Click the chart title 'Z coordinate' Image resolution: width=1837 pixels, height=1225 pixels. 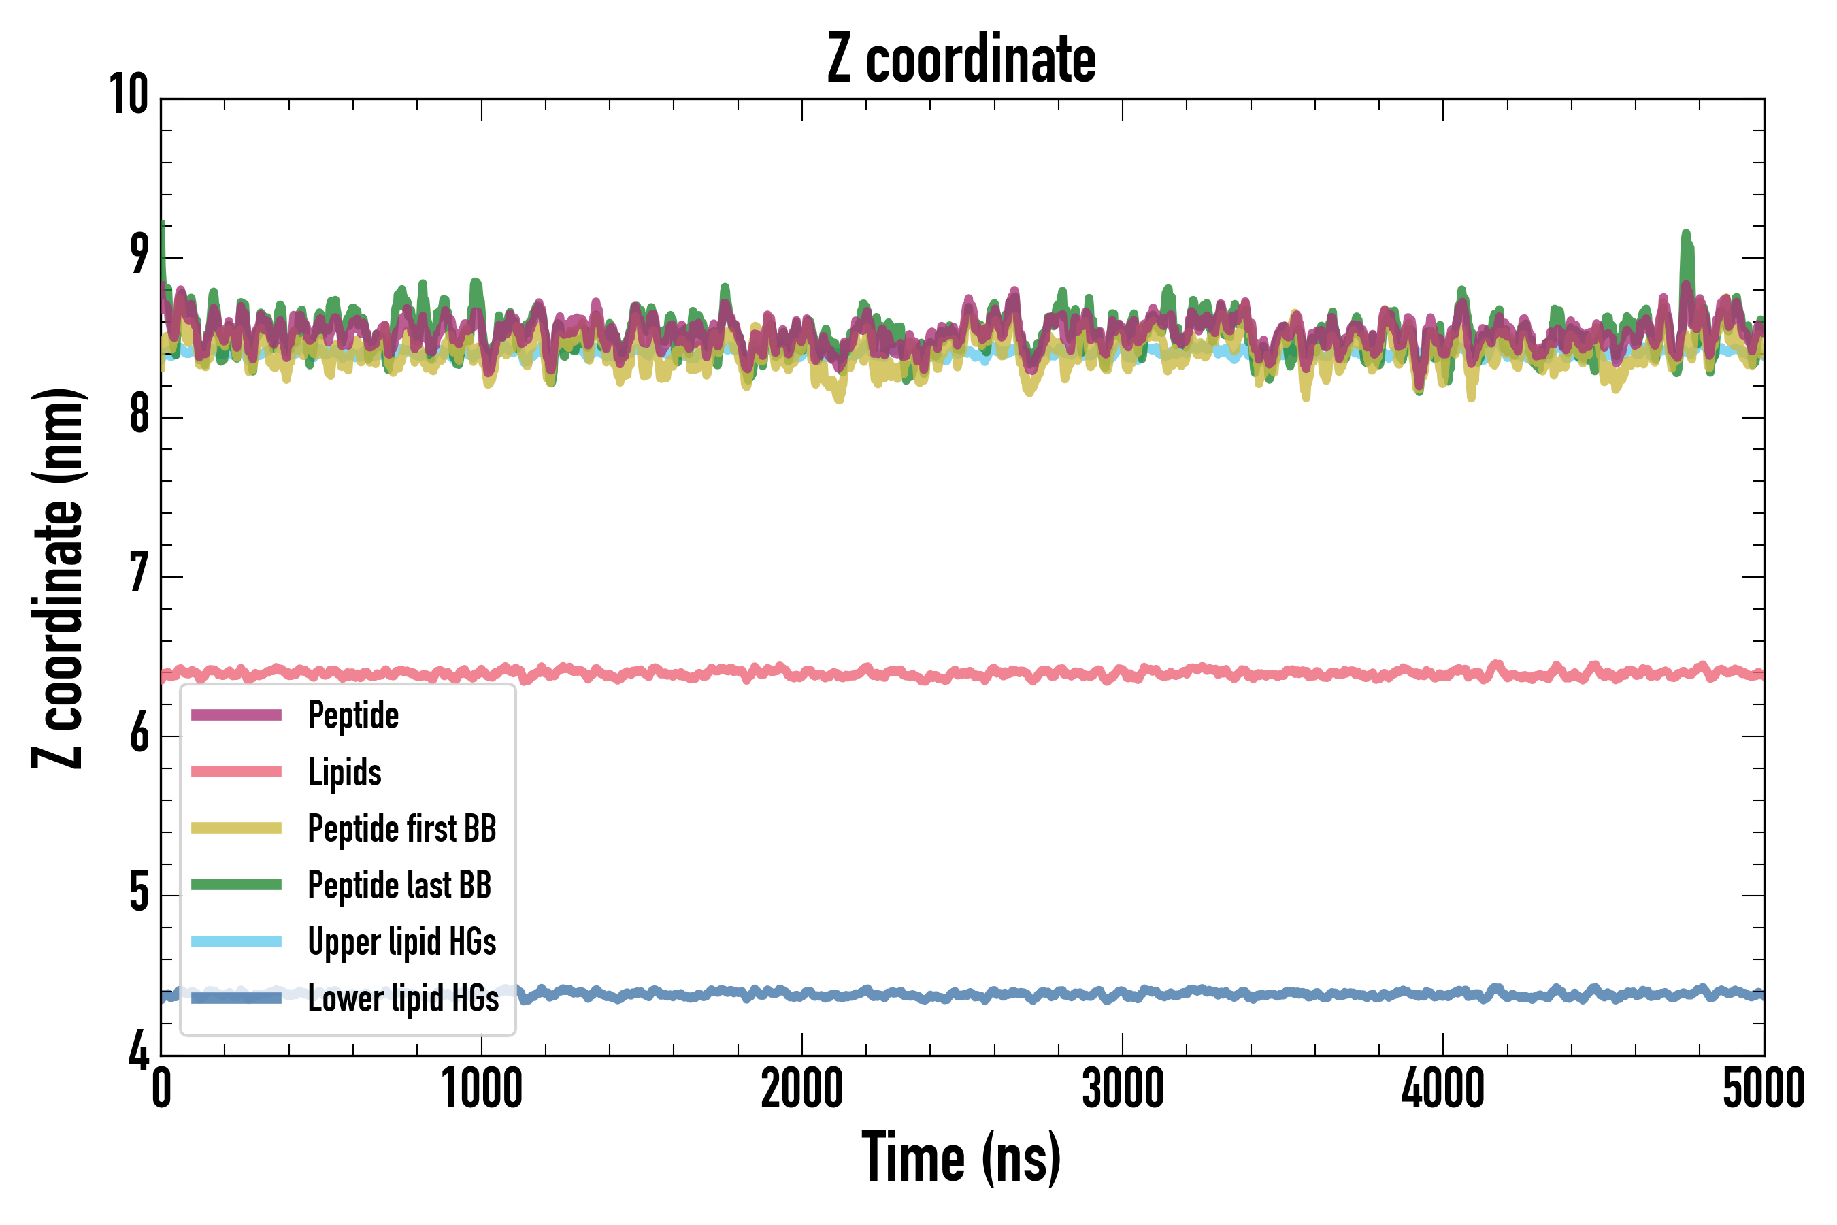[x=961, y=59]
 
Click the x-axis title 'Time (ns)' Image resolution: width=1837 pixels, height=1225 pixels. [x=961, y=1158]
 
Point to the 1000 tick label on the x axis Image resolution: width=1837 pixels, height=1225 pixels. [x=482, y=1089]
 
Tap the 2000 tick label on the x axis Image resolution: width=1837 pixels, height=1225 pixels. [x=802, y=1089]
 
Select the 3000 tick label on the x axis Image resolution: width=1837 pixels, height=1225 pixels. [x=1123, y=1089]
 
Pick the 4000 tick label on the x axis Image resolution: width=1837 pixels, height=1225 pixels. [x=1442, y=1089]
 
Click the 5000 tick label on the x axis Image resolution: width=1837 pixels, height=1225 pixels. [x=1763, y=1089]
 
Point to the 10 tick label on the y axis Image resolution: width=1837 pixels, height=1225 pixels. [x=129, y=95]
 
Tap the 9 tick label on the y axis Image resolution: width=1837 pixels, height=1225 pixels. [x=139, y=255]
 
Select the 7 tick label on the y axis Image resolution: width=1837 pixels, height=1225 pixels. [x=139, y=574]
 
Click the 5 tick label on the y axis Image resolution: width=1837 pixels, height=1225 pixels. [x=139, y=893]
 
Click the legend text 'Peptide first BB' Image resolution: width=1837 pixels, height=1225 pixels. [x=402, y=829]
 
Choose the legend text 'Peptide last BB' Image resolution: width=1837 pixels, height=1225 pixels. [x=399, y=885]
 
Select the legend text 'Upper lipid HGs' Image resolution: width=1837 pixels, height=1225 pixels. [x=402, y=942]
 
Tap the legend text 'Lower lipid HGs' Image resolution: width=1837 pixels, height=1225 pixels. [x=403, y=998]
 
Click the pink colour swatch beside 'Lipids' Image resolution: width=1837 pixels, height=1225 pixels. [x=236, y=772]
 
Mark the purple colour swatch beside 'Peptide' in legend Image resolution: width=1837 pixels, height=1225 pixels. [x=236, y=715]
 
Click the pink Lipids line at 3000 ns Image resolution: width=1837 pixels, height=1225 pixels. [x=1123, y=672]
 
